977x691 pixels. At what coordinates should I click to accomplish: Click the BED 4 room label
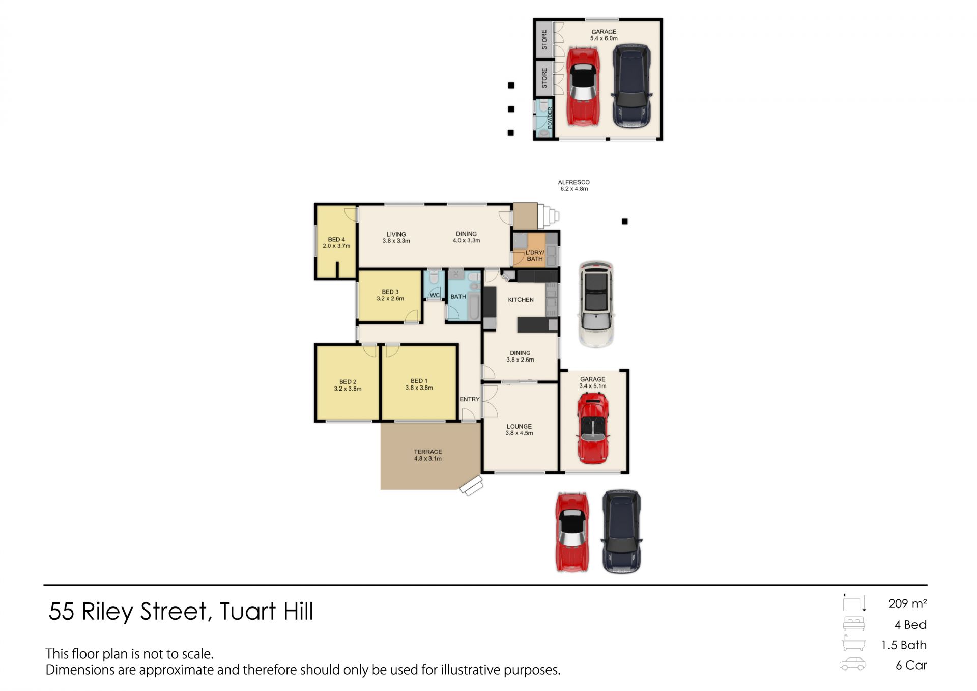(336, 243)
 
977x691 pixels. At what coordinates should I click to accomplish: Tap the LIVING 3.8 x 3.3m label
(396, 238)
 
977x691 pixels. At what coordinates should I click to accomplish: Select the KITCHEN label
(521, 300)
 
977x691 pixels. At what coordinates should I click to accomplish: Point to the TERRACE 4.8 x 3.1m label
(427, 455)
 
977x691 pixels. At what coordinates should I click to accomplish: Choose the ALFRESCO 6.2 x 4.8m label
(574, 185)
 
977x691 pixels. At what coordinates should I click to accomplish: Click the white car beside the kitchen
(596, 304)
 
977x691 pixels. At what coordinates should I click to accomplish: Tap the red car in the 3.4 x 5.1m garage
(593, 428)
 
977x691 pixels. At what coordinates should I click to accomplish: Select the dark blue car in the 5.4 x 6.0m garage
(631, 86)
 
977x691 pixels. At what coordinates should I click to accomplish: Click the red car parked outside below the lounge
(572, 532)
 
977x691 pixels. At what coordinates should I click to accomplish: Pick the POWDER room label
(550, 118)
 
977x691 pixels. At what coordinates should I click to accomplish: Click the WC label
(435, 295)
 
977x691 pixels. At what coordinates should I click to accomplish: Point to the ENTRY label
(470, 399)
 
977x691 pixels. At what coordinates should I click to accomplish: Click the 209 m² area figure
(907, 603)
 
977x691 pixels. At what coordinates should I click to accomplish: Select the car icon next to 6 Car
(852, 664)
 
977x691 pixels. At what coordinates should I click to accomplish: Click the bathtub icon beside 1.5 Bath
(853, 643)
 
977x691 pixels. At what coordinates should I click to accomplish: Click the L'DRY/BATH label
(535, 256)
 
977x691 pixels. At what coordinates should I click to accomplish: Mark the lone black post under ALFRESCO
(625, 222)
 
